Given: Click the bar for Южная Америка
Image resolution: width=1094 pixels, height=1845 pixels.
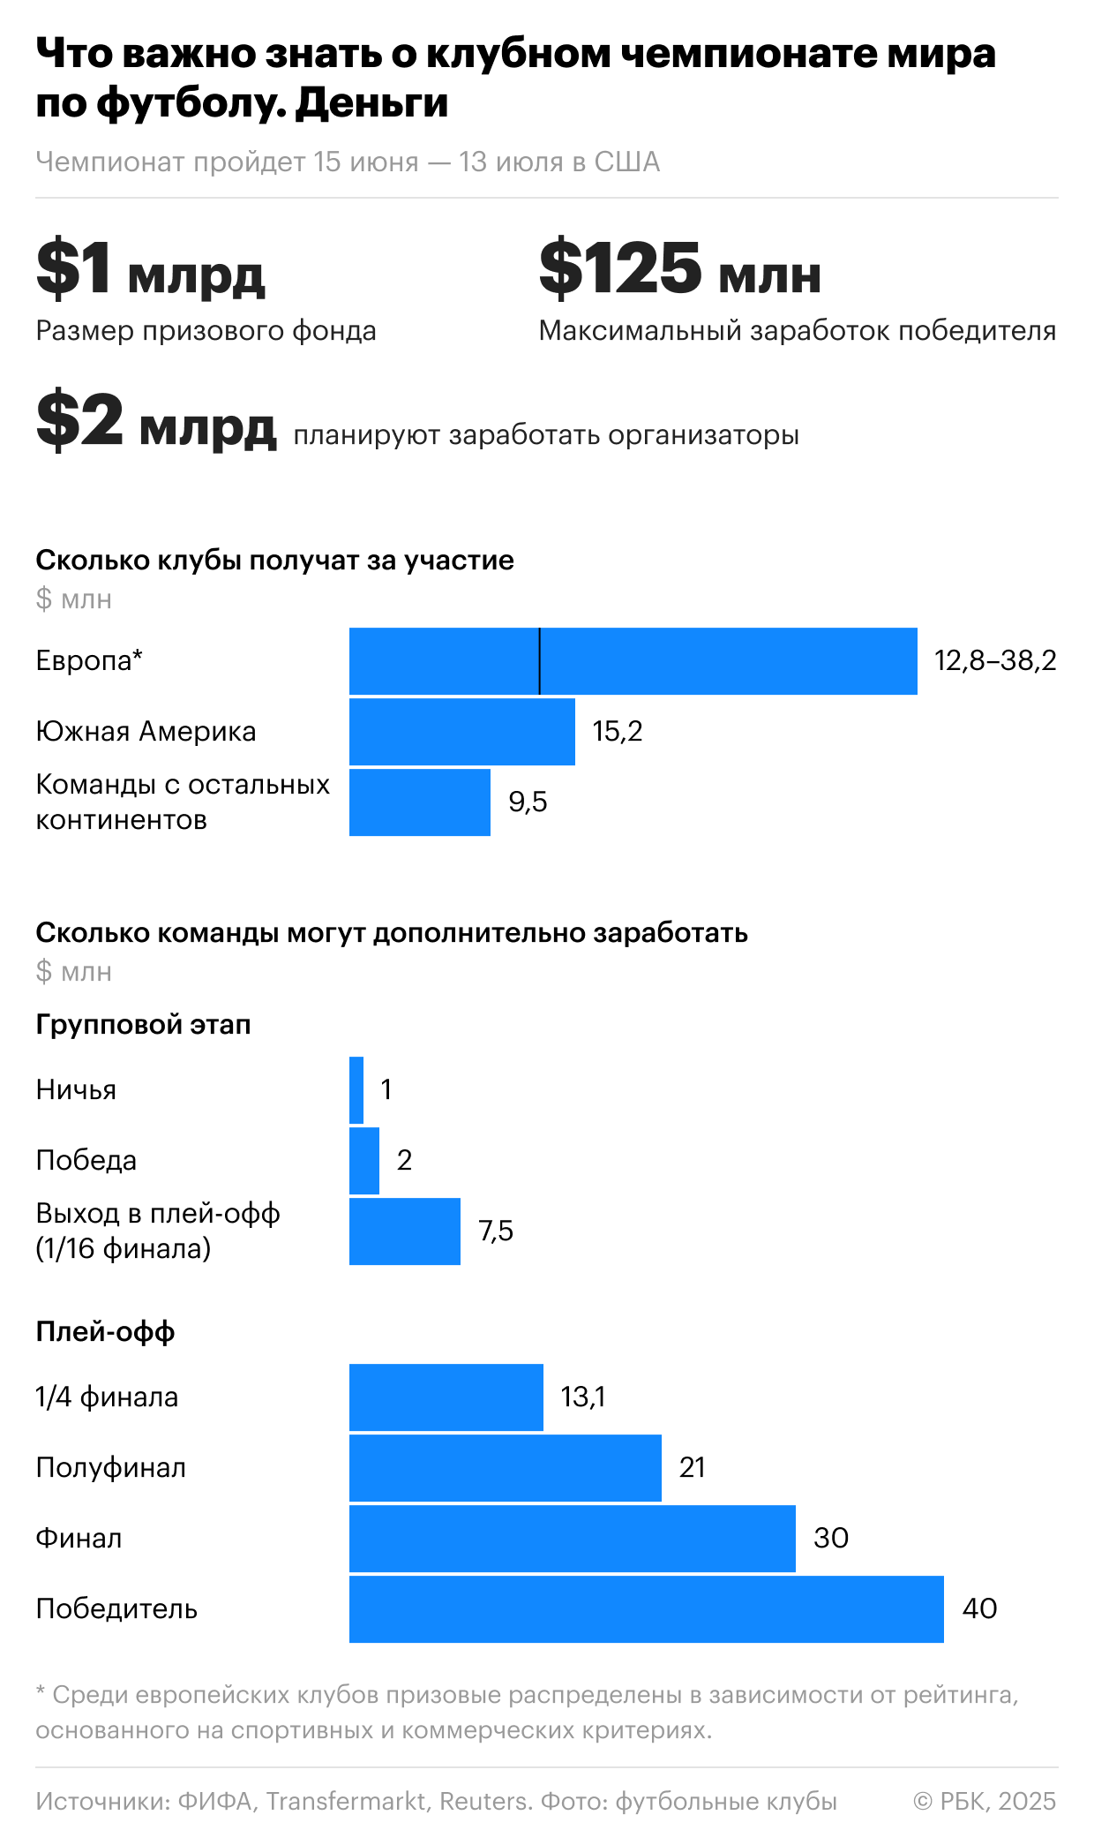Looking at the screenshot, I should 461,732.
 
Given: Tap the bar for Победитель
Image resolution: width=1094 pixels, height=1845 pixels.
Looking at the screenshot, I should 646,1609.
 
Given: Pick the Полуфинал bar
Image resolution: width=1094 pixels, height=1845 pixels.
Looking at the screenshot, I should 505,1468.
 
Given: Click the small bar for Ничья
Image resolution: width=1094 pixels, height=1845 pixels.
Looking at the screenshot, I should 356,1090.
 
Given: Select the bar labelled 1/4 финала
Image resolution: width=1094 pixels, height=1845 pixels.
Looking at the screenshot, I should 446,1397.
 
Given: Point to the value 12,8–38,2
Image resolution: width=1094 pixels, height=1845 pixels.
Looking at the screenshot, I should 995,661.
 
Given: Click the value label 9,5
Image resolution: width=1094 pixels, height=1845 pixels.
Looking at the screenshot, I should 528,802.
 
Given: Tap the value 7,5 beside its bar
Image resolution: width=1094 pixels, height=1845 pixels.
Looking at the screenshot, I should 496,1231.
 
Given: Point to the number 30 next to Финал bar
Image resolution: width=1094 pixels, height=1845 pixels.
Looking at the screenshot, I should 831,1539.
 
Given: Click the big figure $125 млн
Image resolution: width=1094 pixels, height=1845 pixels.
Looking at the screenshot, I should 679,268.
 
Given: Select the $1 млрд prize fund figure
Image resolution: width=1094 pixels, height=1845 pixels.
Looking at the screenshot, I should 150,268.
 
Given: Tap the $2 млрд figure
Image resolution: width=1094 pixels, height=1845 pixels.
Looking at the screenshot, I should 156,422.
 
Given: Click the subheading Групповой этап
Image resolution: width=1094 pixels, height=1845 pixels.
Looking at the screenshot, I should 143,1025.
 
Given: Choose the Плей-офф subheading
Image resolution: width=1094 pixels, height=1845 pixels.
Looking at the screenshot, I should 105,1332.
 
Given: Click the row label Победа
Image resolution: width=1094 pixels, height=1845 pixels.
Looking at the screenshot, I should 86,1161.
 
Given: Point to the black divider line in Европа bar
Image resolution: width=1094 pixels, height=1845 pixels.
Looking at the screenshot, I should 539,661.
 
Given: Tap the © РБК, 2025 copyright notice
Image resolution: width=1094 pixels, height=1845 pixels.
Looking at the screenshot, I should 985,1801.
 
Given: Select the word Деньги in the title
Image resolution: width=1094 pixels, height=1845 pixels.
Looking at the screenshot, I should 371,102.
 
